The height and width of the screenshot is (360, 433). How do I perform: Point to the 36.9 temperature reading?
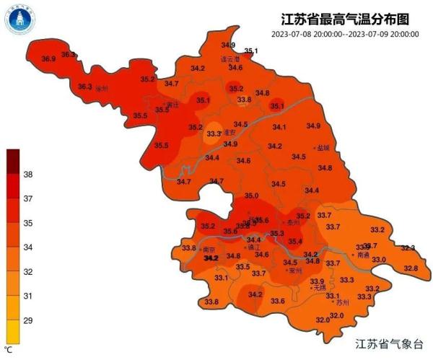[49, 58]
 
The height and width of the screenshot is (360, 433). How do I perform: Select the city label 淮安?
[230, 132]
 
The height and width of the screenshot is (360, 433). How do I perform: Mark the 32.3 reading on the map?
[408, 247]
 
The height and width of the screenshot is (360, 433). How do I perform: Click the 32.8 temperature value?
[411, 268]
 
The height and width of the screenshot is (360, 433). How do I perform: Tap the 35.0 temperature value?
[251, 196]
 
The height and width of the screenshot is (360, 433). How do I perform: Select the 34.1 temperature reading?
[279, 127]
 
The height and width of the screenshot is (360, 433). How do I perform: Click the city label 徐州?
[101, 89]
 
